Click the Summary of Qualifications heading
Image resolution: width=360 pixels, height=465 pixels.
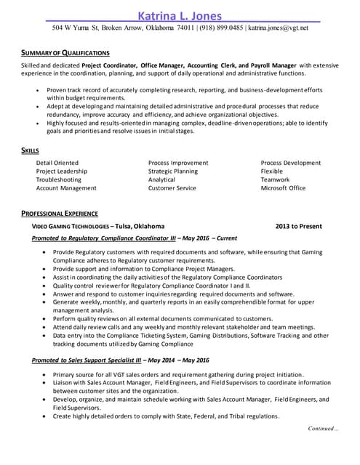65,53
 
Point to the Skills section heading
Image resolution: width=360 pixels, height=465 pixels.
30,150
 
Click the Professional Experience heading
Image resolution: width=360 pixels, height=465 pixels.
60,214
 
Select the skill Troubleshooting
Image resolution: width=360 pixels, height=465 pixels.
59,179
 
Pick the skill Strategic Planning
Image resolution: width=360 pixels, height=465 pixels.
172,171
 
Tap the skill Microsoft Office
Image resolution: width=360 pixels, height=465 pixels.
283,188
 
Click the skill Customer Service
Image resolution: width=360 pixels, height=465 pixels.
172,188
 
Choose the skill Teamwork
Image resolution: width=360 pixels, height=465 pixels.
275,179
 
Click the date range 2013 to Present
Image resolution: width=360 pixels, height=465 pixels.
298,226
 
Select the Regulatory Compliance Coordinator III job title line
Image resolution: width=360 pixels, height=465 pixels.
135,238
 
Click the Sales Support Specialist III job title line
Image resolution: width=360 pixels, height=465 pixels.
120,360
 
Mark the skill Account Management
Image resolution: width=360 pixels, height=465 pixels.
66,188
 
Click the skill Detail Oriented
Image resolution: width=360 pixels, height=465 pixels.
57,163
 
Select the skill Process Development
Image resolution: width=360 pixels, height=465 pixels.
290,163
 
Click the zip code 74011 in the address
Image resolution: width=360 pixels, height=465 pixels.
185,28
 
